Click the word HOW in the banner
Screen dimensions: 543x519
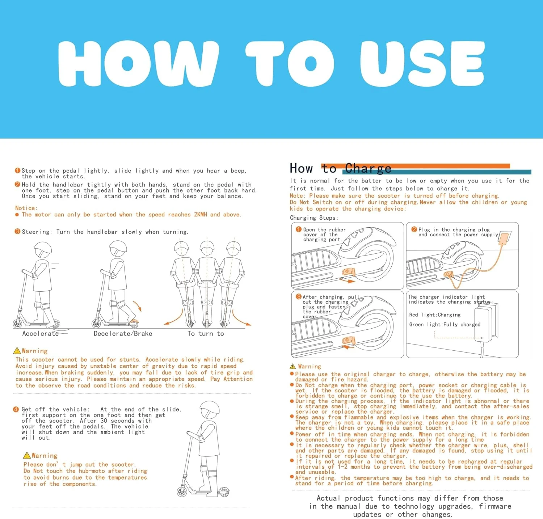coord(138,64)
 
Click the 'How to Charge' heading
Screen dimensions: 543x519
coord(341,168)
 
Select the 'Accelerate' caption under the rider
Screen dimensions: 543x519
coord(41,333)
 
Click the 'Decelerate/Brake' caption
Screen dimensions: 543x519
coord(123,333)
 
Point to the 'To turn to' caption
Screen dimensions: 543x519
coord(206,333)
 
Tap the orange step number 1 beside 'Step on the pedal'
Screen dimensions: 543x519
coord(17,170)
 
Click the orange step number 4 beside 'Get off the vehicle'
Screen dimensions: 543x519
coord(16,409)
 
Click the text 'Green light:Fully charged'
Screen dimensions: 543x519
coord(445,325)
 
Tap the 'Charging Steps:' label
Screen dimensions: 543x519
coord(314,218)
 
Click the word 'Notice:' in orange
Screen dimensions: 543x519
coord(26,208)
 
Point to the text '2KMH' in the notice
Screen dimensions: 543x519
coord(201,215)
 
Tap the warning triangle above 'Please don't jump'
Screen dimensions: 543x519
coord(27,455)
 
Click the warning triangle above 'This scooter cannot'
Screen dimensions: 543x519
coord(17,351)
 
